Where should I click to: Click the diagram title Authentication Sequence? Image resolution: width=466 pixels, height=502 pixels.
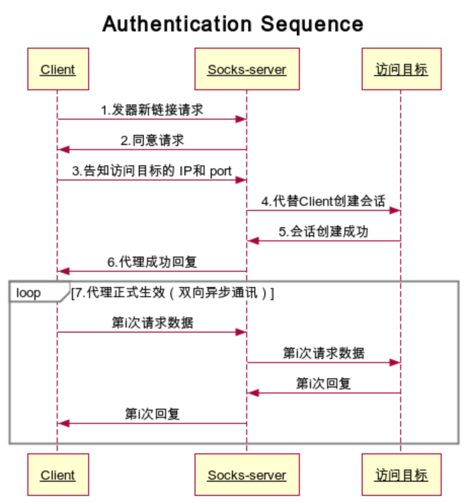pos(233,24)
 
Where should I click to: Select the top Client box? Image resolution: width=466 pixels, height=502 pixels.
pos(58,69)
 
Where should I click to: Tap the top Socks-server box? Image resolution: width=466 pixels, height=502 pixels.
pos(247,69)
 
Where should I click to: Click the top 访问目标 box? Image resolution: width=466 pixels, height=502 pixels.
pos(401,69)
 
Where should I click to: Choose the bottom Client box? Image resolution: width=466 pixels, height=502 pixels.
pos(58,475)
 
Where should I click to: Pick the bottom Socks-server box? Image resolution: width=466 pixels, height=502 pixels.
pos(247,475)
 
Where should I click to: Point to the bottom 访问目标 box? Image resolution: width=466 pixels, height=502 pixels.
pos(401,475)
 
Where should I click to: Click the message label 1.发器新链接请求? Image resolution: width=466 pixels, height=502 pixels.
pos(152,110)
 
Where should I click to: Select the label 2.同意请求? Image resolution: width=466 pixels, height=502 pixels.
pos(152,140)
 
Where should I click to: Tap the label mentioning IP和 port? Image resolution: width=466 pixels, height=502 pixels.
pos(152,171)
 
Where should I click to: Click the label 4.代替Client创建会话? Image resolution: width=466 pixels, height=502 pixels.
pos(323,201)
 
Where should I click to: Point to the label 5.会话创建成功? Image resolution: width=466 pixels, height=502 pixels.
pos(323,232)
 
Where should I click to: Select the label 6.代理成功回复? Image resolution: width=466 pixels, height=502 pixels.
pos(152,262)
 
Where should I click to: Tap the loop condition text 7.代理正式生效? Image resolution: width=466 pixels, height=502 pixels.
pos(172,293)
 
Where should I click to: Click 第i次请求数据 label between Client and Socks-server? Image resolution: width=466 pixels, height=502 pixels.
pos(152,323)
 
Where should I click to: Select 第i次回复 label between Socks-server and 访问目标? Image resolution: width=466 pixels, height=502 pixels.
pos(323,384)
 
